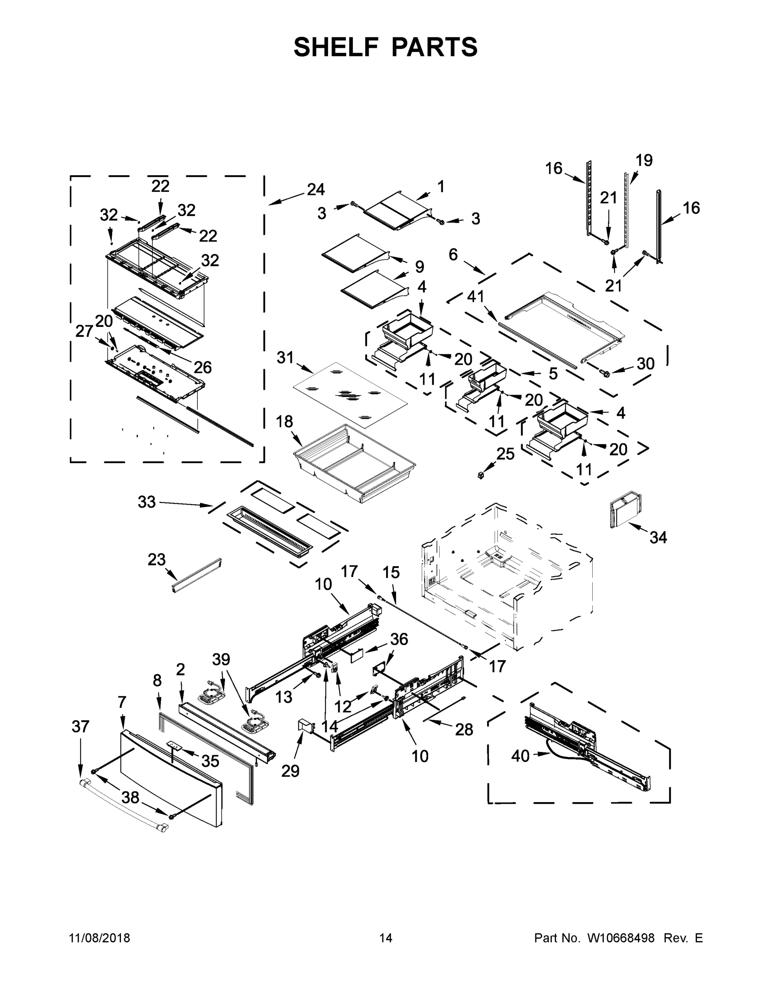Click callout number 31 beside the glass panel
(x=285, y=357)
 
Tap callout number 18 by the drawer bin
(x=284, y=421)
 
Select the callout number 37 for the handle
(x=80, y=726)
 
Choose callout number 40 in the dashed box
(x=520, y=756)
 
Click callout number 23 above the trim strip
(x=156, y=559)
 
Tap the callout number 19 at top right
(x=644, y=160)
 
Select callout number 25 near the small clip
(x=505, y=454)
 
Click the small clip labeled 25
(x=480, y=476)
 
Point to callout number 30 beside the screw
(x=645, y=363)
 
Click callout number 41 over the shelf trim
(x=475, y=297)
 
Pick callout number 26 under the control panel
(x=203, y=366)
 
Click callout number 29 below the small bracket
(x=290, y=771)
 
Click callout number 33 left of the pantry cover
(x=147, y=502)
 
